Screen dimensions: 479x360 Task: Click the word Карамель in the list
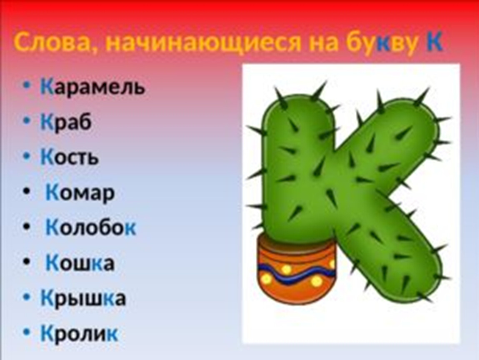tap(92, 87)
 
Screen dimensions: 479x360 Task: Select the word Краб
tap(66, 122)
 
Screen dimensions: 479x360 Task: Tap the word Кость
tap(70, 157)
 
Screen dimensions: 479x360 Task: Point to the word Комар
tap(80, 193)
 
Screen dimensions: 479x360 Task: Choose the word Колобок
tap(91, 227)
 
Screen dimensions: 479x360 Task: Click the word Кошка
tap(80, 263)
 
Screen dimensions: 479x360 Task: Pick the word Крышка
tap(83, 298)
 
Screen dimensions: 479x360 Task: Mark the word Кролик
tap(79, 333)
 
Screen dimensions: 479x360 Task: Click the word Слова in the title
tap(52, 42)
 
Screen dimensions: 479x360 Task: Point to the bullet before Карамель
tap(27, 85)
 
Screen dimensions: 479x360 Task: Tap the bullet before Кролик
tap(27, 332)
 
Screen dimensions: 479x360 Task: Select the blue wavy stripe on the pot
tap(296, 274)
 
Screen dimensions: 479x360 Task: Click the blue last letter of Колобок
tap(130, 228)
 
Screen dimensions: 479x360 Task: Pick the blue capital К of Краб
tap(47, 122)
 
